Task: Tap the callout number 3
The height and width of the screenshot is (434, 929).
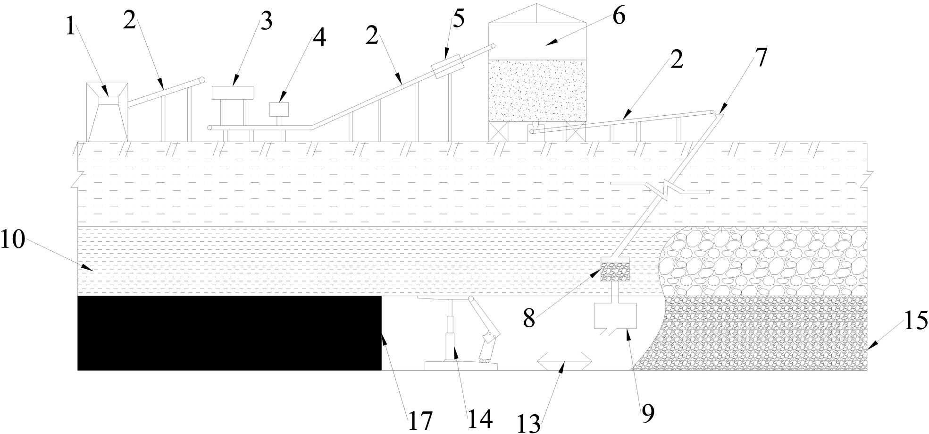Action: point(266,21)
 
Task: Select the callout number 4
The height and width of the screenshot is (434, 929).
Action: point(319,38)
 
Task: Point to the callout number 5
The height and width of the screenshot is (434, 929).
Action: point(458,18)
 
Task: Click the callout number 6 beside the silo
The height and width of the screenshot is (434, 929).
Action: point(619,17)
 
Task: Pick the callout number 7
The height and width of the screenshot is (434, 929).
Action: point(762,58)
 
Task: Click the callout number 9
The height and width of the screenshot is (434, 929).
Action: point(648,413)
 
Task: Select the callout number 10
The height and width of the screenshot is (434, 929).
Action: point(12,239)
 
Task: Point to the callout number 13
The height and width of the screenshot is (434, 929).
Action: point(528,424)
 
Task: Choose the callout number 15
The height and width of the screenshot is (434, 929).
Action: point(915,321)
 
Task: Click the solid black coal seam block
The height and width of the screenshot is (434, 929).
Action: point(229,332)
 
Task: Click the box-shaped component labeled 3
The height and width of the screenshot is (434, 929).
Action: point(232,93)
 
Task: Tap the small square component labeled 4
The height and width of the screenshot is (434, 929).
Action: point(279,109)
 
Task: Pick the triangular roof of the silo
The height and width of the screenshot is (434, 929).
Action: point(536,14)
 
